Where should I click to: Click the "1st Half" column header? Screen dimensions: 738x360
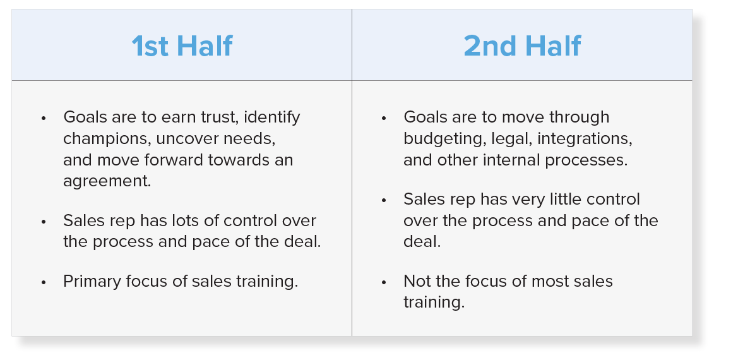tap(182, 46)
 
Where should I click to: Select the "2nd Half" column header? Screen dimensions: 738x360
tap(522, 46)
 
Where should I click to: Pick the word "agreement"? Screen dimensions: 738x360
tap(107, 182)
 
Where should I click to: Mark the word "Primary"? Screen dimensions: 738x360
tap(92, 282)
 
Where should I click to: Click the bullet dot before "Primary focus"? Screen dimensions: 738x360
tap(44, 282)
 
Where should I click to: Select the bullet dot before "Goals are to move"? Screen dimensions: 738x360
tap(384, 118)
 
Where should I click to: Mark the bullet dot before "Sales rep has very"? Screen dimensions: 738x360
tap(384, 200)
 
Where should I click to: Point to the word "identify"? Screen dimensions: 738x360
tap(271, 117)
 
